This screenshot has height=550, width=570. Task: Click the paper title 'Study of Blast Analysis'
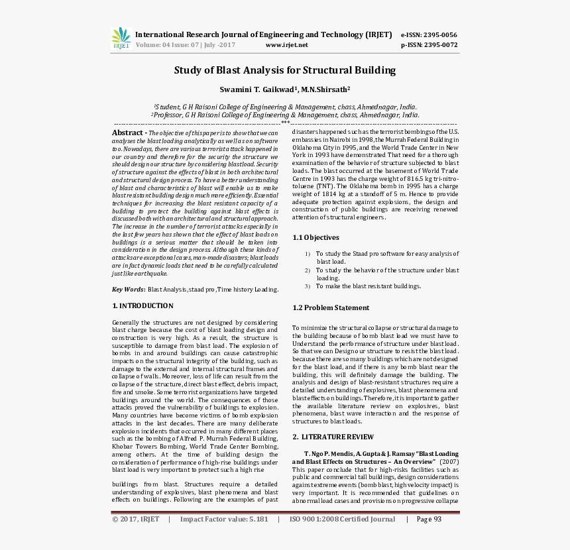[284, 70]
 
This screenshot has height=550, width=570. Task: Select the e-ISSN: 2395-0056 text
[429, 34]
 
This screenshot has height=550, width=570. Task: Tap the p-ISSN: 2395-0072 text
[429, 45]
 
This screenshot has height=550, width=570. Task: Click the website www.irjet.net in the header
[286, 45]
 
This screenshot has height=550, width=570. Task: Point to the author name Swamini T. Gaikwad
[257, 89]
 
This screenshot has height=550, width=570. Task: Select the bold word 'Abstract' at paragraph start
[127, 133]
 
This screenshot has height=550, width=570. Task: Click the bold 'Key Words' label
[128, 290]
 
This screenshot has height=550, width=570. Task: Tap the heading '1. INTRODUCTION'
[142, 306]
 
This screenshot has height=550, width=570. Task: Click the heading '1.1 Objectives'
[315, 237]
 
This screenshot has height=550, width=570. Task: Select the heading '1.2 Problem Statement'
[331, 307]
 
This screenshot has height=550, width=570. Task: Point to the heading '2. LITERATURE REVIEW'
[333, 437]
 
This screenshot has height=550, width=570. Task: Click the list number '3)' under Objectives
[308, 286]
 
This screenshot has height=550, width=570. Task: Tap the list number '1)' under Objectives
[308, 254]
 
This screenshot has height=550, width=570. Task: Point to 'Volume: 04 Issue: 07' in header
[162, 45]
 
